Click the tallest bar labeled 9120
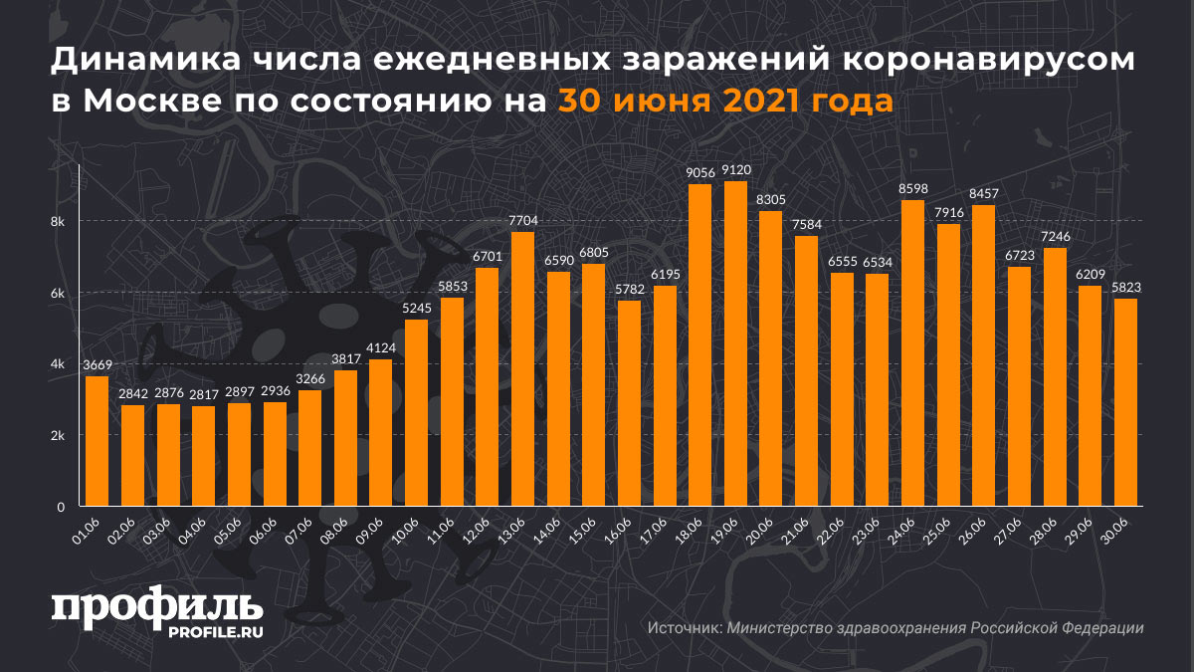coord(735,343)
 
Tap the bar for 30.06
coord(1125,402)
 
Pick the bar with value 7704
coord(522,368)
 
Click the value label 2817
coord(203,393)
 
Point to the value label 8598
coord(912,188)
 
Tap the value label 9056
coord(699,172)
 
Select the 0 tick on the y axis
coord(61,507)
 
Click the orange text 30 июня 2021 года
coord(724,102)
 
